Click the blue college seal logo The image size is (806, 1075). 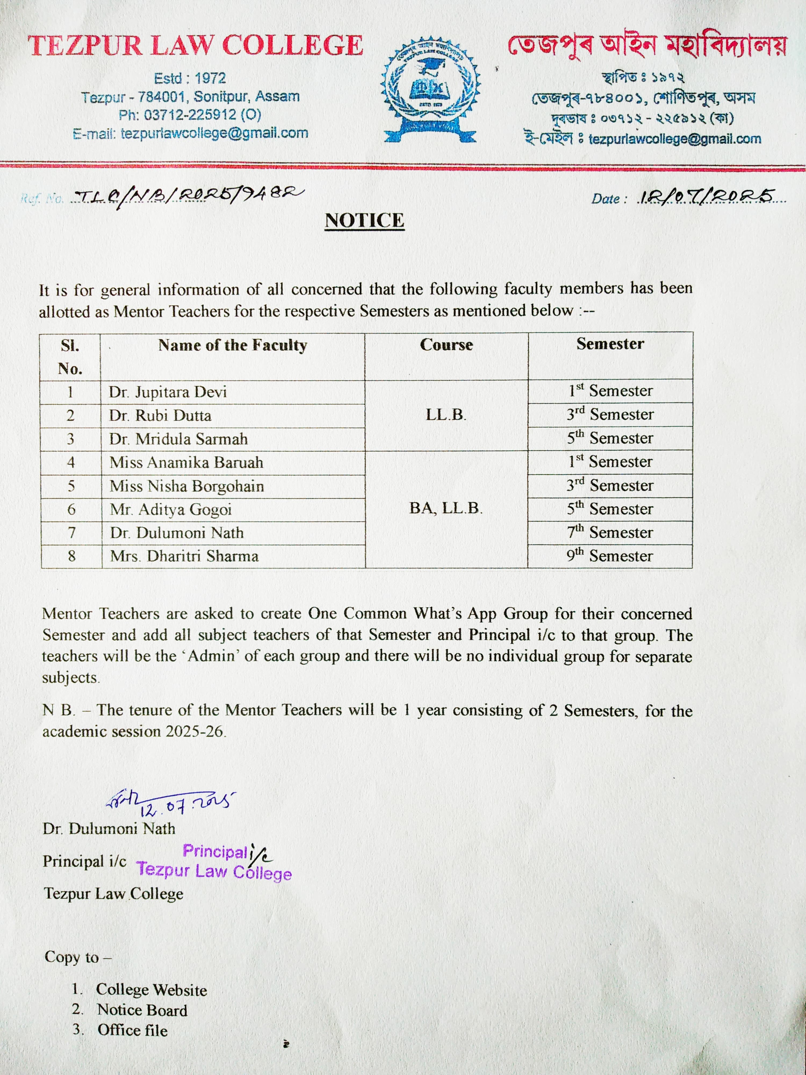tap(430, 90)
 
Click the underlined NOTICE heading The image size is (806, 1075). tap(364, 220)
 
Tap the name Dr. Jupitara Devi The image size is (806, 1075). tap(168, 392)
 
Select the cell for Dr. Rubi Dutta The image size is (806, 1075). tap(160, 415)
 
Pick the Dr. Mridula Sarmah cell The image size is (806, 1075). tap(178, 439)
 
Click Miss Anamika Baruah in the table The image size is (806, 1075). tap(186, 462)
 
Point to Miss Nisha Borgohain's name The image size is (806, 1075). tap(187, 486)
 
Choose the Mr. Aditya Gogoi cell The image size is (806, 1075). tap(171, 509)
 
